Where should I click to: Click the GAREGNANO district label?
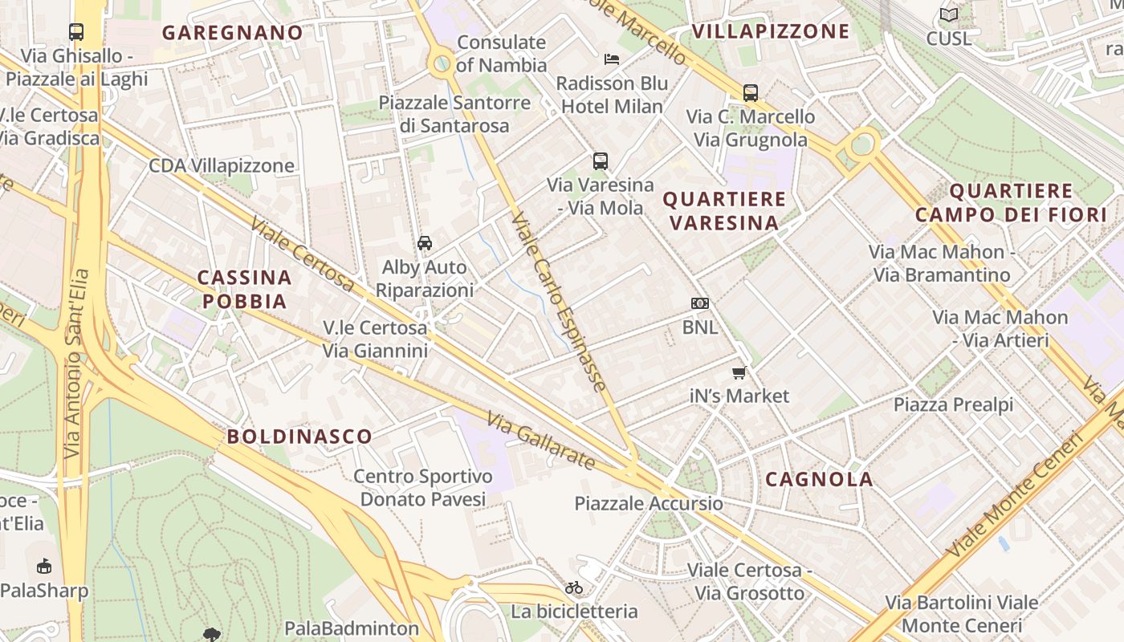point(233,33)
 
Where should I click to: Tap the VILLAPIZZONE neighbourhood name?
point(770,31)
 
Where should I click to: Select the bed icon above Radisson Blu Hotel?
point(612,59)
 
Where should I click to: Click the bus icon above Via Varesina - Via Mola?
point(601,160)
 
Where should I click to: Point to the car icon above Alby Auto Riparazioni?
point(425,242)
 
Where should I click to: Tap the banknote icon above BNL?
point(700,303)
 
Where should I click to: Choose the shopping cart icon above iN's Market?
point(739,372)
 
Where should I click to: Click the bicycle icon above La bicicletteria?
point(574,587)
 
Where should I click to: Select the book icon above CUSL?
point(949,14)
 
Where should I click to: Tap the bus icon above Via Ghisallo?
point(76,32)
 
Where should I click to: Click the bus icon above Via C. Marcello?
point(751,92)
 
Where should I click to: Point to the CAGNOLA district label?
point(819,480)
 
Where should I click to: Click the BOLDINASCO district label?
point(299,437)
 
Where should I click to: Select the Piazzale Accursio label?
point(649,504)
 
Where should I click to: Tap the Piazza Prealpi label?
point(954,405)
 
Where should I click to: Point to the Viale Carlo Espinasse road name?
point(558,301)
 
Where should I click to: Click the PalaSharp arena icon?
point(43,566)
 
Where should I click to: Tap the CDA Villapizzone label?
point(222,166)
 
